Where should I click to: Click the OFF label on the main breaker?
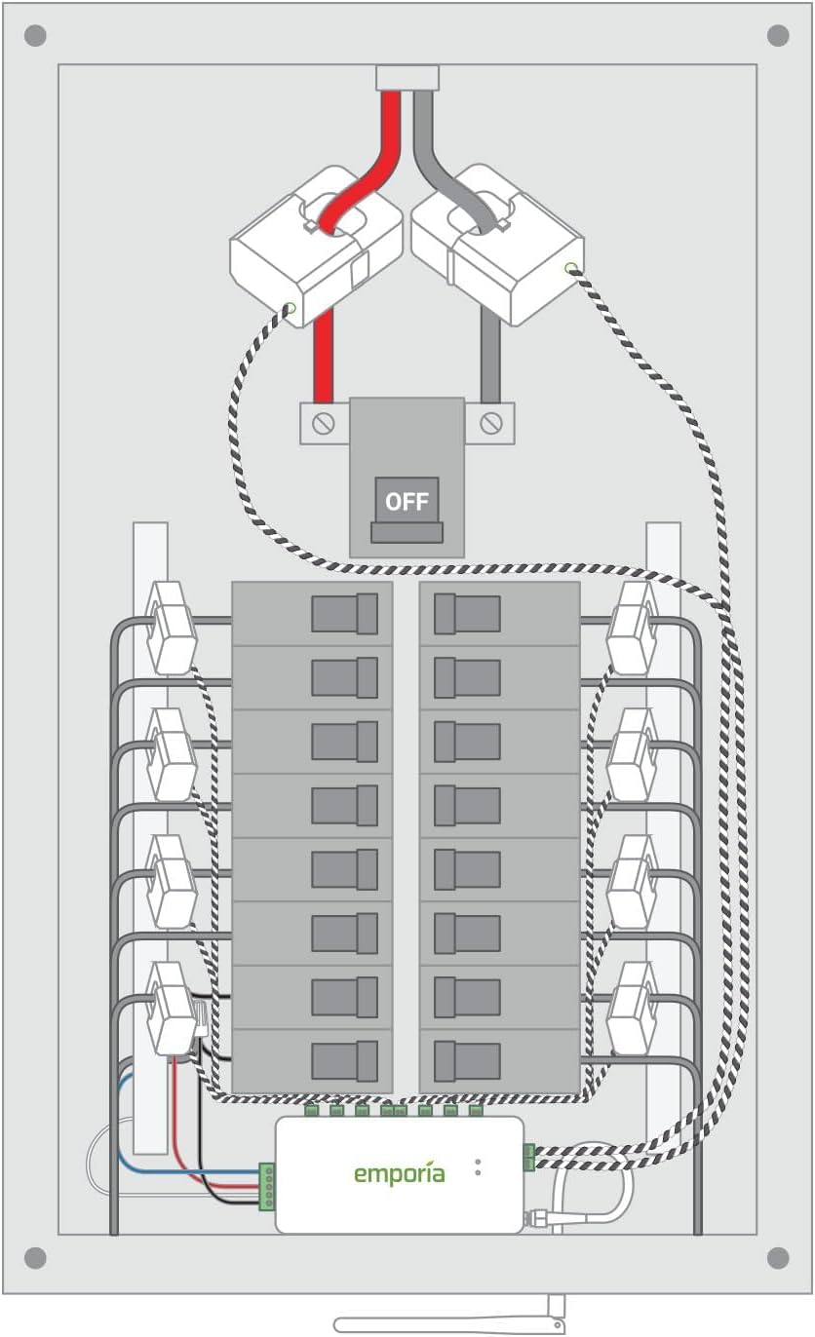tap(407, 501)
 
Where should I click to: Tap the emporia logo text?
tap(399, 1173)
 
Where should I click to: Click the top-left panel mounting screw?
tap(35, 36)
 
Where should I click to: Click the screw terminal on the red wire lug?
tap(324, 424)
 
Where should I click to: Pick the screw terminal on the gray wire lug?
tap(491, 424)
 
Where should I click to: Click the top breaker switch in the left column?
tap(345, 614)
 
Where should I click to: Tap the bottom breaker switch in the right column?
tap(466, 1060)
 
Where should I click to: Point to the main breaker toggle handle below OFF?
tap(407, 532)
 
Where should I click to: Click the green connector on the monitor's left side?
tap(266, 1186)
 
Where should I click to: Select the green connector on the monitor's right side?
tap(528, 1157)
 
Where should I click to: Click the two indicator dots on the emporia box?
tap(478, 1166)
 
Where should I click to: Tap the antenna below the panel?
tap(448, 1323)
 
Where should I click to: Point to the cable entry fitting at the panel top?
tap(407, 77)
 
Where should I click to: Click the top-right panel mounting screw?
tap(778, 36)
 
